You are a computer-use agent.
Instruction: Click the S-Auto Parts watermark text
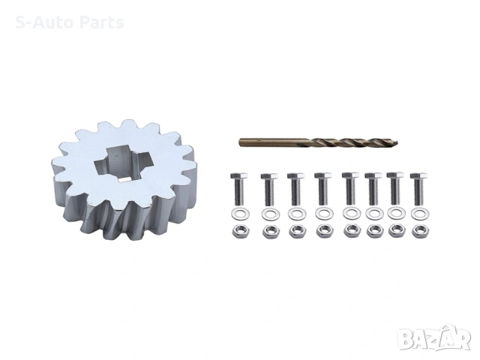point(70,22)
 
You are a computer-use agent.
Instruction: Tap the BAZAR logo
point(434,338)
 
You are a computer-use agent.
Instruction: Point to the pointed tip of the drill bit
point(397,142)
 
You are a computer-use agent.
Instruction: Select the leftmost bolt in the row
point(239,188)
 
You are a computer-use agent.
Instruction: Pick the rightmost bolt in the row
point(418,189)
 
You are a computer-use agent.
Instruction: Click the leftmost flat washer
point(240,214)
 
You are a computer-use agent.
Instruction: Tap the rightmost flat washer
point(420,214)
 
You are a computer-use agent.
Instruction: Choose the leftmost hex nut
point(241,231)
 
